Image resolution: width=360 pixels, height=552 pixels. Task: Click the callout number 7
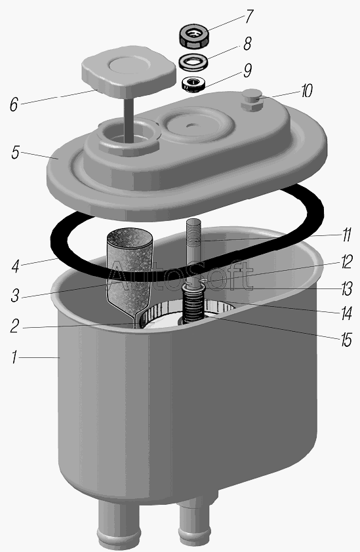[x=249, y=16]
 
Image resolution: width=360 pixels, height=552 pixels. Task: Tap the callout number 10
[x=306, y=91]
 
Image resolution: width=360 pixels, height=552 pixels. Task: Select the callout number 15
[x=346, y=340]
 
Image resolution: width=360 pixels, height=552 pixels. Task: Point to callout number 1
[x=14, y=357]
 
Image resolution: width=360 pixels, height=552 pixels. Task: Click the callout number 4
[x=15, y=267]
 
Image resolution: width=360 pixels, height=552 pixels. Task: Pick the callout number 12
[x=346, y=262]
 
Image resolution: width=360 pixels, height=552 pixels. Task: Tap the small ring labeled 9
[x=193, y=85]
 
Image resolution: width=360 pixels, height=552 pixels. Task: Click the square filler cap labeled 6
[x=129, y=72]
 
